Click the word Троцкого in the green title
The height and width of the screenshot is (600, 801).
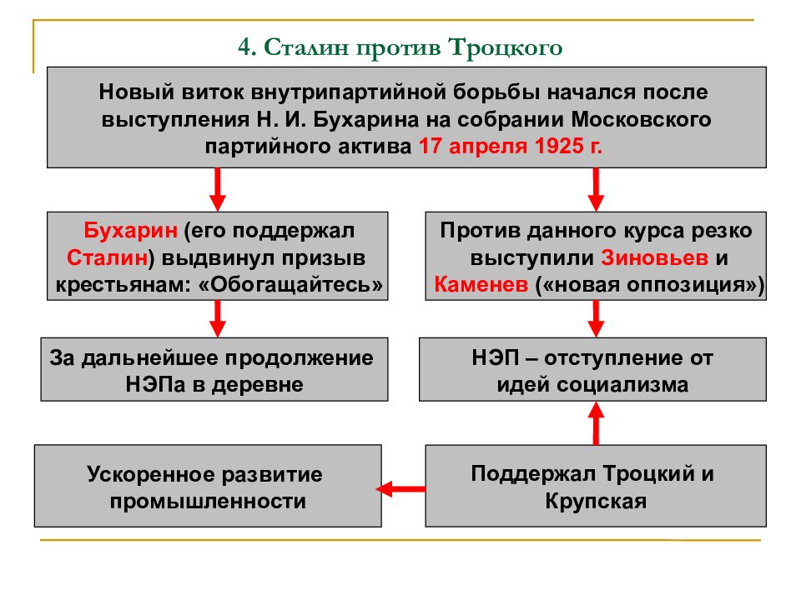(506, 48)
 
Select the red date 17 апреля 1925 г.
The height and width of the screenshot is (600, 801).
(511, 146)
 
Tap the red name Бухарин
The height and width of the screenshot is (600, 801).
(131, 231)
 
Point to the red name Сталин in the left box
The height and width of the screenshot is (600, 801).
(108, 257)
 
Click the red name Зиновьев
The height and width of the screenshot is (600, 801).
(654, 257)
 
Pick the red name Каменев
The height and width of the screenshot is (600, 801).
(481, 285)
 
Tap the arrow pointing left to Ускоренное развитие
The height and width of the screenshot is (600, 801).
(400, 489)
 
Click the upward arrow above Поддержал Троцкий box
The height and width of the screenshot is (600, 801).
(596, 423)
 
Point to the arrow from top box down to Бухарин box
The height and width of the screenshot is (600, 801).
(218, 189)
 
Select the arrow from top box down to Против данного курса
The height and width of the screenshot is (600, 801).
(596, 189)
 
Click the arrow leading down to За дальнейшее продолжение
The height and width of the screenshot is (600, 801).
(218, 318)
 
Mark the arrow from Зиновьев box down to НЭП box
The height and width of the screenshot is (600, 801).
(596, 318)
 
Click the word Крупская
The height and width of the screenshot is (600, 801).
(596, 501)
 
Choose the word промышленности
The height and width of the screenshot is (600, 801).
(208, 501)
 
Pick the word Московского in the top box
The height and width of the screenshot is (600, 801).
(641, 119)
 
